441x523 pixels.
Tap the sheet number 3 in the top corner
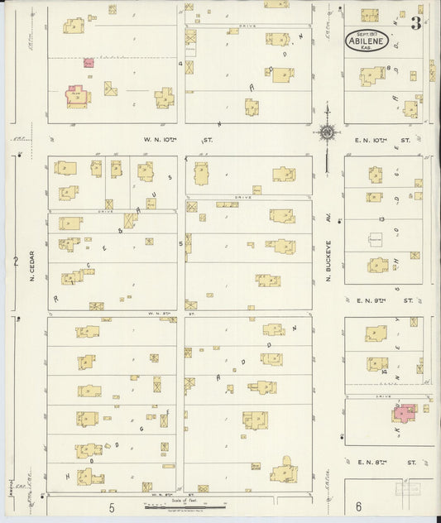pyautogui.click(x=416, y=23)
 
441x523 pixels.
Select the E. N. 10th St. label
pyautogui.click(x=382, y=141)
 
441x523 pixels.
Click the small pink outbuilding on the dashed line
pyautogui.click(x=89, y=62)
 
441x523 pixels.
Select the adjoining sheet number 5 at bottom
pyautogui.click(x=111, y=506)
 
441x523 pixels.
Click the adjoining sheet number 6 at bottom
pyautogui.click(x=358, y=506)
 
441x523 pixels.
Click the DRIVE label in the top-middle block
pyautogui.click(x=247, y=26)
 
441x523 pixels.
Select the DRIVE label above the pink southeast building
pyautogui.click(x=383, y=396)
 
